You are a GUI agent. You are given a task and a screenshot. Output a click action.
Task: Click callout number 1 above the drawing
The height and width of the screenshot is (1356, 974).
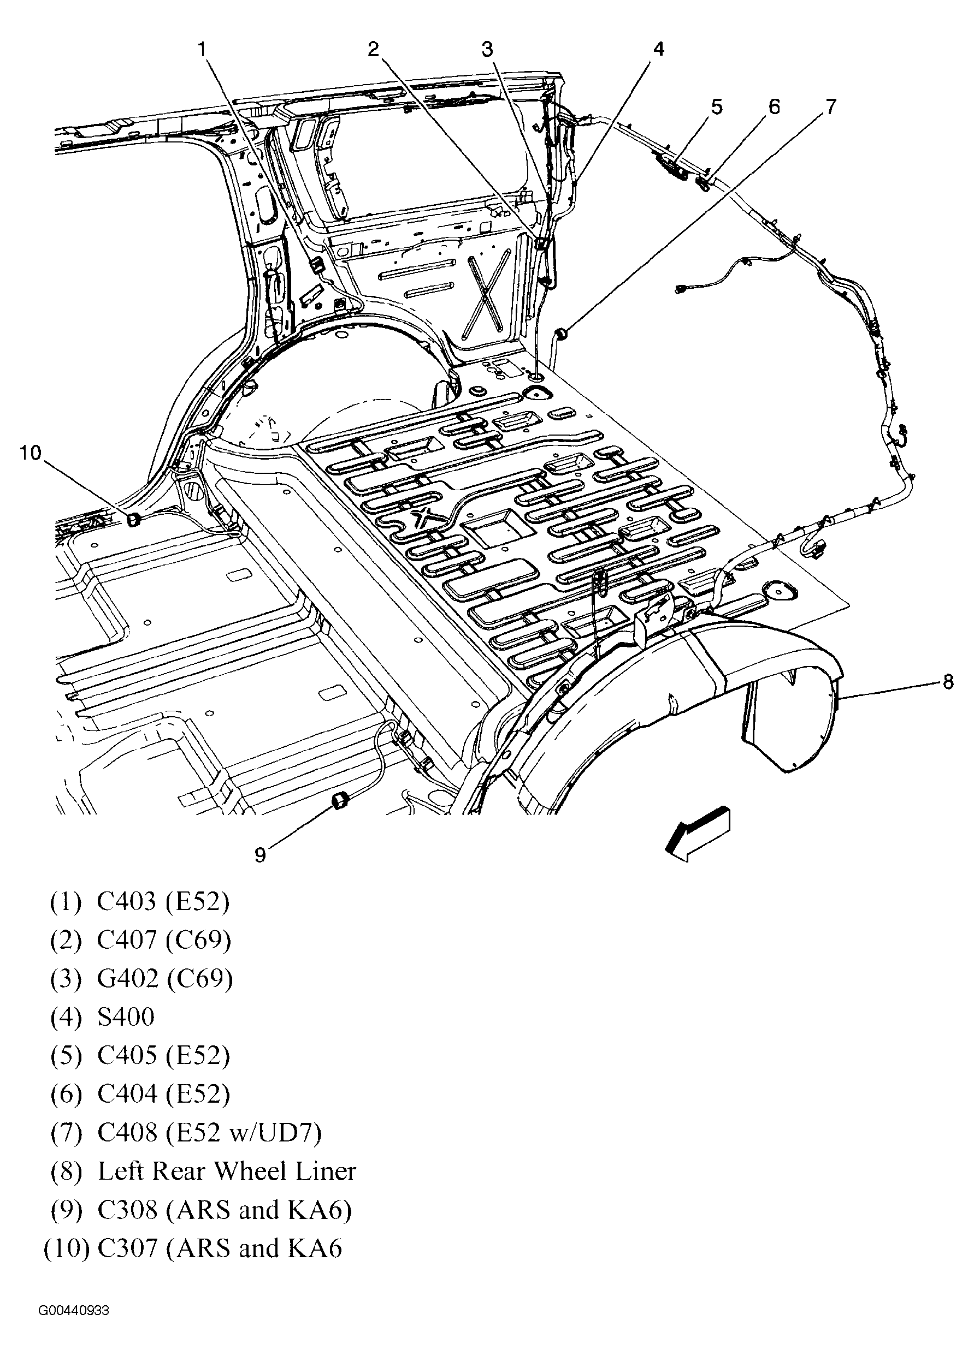pos(203,49)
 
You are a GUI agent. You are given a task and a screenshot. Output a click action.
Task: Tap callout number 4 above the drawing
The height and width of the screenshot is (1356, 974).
pos(658,49)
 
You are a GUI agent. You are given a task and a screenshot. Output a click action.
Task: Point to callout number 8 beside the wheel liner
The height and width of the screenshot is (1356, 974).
pos(948,682)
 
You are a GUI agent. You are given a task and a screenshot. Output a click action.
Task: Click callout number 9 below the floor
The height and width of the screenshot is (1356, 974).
pos(259,855)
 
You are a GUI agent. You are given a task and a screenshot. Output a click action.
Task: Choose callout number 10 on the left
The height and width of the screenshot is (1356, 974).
pos(31,453)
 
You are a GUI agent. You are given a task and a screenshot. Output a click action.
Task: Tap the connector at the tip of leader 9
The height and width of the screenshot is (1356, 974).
pos(341,800)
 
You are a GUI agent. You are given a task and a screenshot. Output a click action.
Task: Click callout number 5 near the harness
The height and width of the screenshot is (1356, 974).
pos(717,107)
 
